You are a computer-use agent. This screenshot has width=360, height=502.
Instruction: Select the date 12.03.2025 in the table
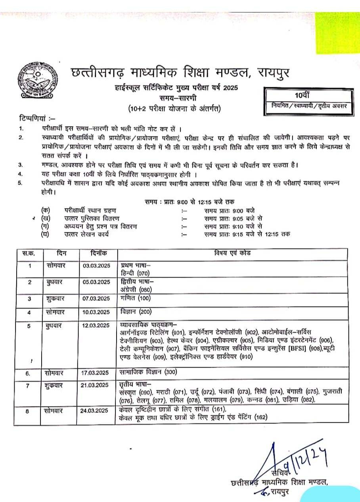click(x=96, y=326)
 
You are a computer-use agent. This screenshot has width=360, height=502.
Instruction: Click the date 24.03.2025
click(x=96, y=411)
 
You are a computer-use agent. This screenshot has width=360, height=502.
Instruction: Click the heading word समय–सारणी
click(x=178, y=98)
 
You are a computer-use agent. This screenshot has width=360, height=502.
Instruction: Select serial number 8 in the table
click(x=27, y=411)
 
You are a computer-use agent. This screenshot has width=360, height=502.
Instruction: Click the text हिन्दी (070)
click(x=134, y=273)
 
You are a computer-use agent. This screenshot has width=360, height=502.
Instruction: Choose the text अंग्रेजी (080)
click(x=136, y=289)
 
